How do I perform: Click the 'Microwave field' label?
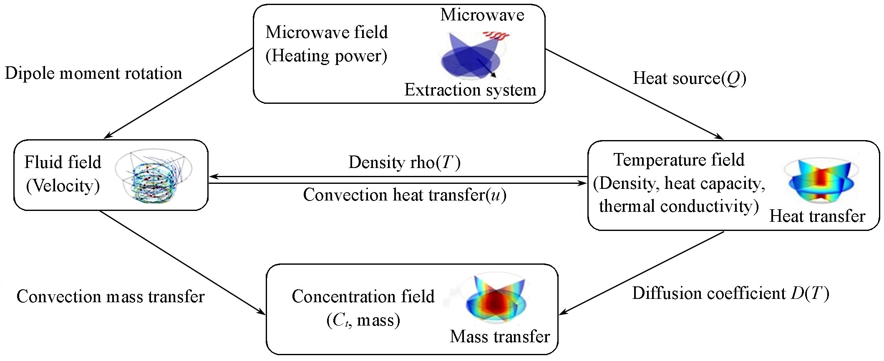pos(326,33)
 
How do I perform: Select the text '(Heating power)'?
pos(326,56)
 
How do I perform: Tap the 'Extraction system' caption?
pos(470,90)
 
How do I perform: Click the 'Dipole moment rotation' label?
pos(93,73)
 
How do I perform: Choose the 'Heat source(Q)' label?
pos(689,78)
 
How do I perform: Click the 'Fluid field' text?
pos(63,162)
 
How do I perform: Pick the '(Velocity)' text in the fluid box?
pos(63,186)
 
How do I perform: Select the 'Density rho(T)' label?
pos(404,163)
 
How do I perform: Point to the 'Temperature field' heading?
pos(679,160)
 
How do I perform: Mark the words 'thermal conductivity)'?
pos(679,206)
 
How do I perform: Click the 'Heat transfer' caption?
pos(817,216)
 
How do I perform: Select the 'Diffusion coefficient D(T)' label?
pos(730,293)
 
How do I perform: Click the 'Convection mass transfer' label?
pos(111,297)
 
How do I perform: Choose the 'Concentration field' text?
pos(363,297)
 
